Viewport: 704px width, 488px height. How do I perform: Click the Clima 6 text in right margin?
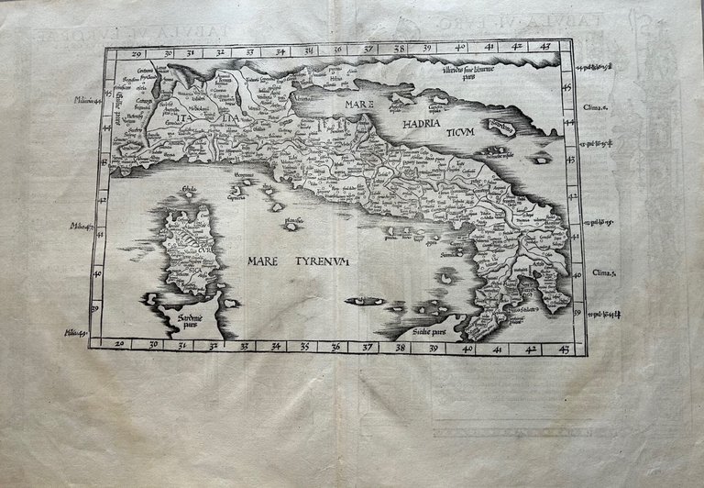pyautogui.click(x=597, y=106)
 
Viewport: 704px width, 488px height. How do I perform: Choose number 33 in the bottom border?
pyautogui.click(x=243, y=347)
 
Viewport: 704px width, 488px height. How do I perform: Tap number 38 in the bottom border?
pyautogui.click(x=400, y=348)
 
